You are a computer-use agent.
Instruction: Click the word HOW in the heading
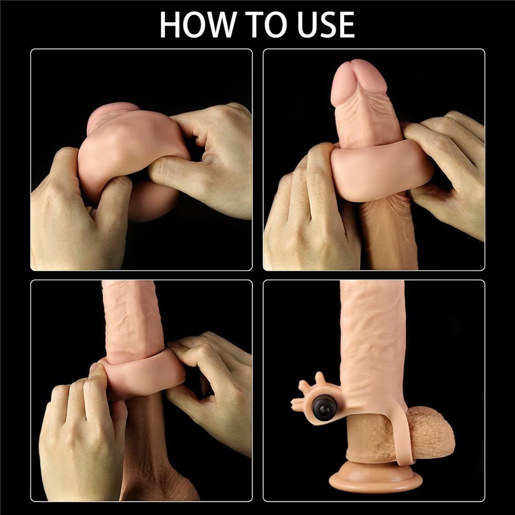pyautogui.click(x=198, y=25)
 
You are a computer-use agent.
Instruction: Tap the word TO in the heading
pyautogui.click(x=269, y=25)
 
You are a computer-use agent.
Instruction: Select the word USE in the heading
pyautogui.click(x=327, y=25)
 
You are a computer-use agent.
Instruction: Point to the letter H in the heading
pyautogui.click(x=170, y=25)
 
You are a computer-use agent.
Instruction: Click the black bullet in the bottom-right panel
pyautogui.click(x=321, y=408)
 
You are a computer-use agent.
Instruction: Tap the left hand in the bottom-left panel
pyautogui.click(x=82, y=437)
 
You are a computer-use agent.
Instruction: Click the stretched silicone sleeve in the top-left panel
pyautogui.click(x=131, y=145)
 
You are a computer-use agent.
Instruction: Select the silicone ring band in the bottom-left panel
pyautogui.click(x=145, y=374)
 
